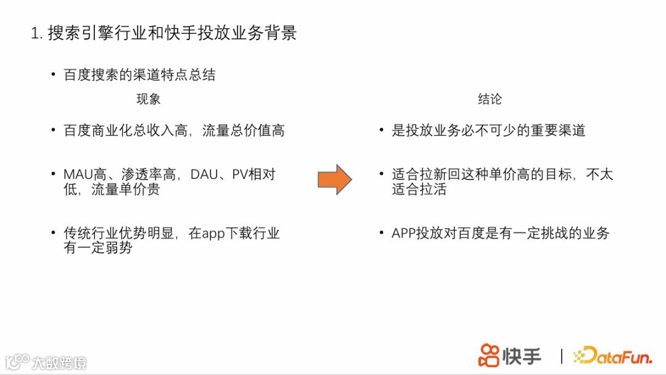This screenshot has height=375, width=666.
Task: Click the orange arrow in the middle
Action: click(x=334, y=179)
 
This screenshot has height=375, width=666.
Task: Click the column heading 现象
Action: click(x=148, y=99)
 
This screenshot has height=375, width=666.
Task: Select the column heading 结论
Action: click(x=490, y=99)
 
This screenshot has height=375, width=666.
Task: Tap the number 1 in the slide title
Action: click(x=35, y=33)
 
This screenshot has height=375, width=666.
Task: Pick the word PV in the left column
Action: click(x=239, y=175)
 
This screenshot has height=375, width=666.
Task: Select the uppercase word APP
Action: click(x=403, y=233)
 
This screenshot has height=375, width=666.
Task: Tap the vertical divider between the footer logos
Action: click(x=561, y=356)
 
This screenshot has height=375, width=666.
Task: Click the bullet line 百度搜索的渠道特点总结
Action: click(x=140, y=75)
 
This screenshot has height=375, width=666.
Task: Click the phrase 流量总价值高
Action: click(x=244, y=131)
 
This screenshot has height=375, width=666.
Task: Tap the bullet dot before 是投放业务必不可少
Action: click(x=382, y=131)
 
